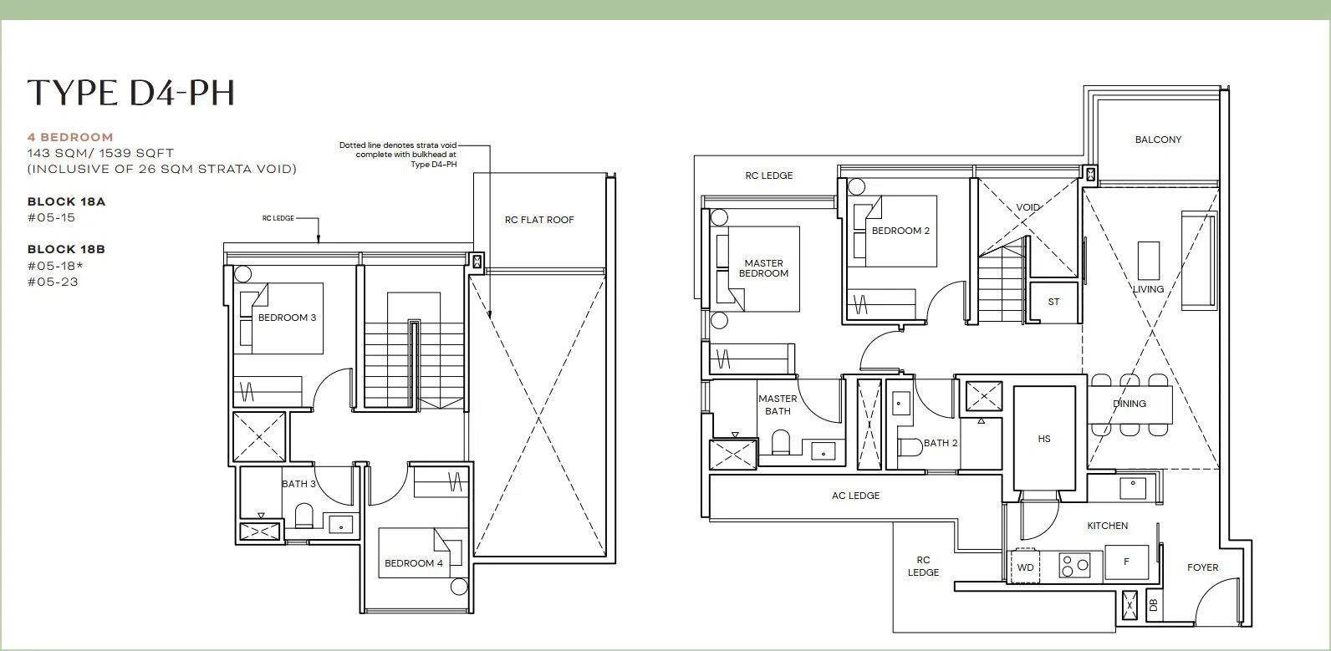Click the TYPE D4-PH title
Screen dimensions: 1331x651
click(131, 93)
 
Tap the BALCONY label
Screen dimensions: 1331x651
click(1158, 140)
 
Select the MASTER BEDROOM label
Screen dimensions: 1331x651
click(763, 268)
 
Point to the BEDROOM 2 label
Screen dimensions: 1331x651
click(900, 231)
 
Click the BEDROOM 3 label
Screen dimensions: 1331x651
click(287, 318)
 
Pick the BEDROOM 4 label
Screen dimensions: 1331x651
click(414, 563)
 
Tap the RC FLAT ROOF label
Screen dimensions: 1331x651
click(539, 220)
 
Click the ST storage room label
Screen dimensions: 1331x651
click(1053, 302)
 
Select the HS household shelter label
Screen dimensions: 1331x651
click(1044, 439)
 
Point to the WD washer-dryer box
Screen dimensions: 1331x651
click(1025, 566)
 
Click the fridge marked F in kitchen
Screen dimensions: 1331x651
click(1126, 562)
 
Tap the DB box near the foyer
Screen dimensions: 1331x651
click(1154, 606)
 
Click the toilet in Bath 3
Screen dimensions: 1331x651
click(303, 516)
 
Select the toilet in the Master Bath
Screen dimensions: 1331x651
click(781, 442)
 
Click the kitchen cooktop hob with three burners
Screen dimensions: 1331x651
click(1074, 565)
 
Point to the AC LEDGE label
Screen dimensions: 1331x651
click(855, 496)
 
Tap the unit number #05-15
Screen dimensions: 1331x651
click(52, 217)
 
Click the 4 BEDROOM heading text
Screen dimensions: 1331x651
click(70, 137)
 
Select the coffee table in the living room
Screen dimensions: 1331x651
click(1149, 260)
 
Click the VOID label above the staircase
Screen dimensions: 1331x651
click(1028, 207)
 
